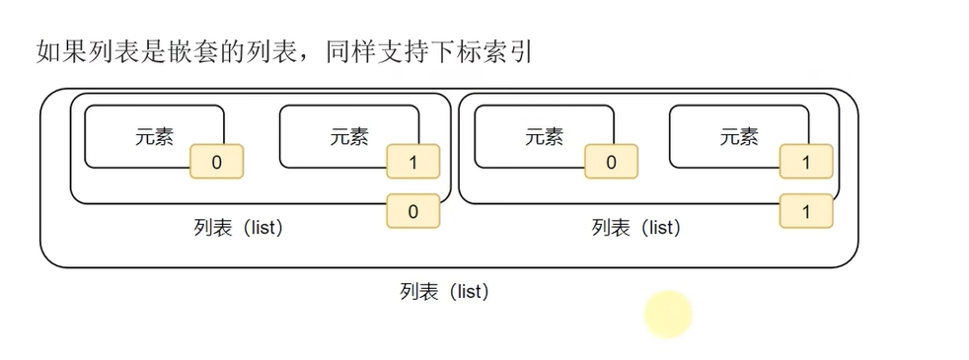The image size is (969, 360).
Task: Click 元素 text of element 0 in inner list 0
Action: coord(154,137)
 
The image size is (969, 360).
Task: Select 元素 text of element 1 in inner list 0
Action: coord(349,137)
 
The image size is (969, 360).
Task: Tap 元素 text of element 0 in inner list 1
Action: coord(544,137)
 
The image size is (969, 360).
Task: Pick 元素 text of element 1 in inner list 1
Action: coord(739,137)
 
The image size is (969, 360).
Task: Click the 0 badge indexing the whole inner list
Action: coord(412,211)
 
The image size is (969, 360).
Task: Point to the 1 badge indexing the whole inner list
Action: coord(805,211)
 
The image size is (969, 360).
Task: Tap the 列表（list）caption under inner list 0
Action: coord(239,228)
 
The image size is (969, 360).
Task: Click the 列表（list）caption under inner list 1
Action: coord(635,228)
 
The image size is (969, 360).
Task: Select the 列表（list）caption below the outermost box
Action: coord(444,292)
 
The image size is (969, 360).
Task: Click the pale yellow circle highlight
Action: coord(669,315)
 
